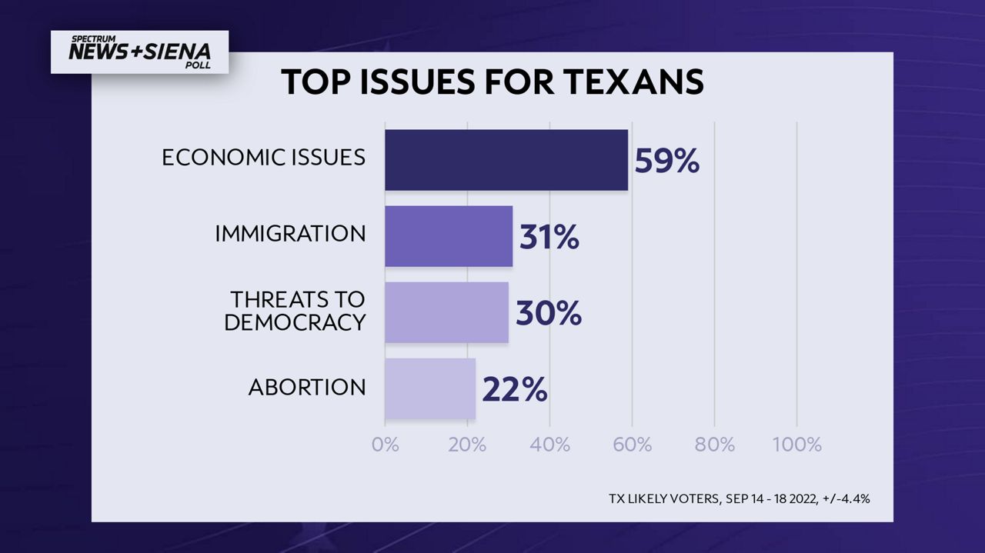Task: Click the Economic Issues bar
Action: click(x=506, y=159)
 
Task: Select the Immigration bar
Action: click(x=449, y=236)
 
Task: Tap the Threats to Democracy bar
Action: click(x=446, y=312)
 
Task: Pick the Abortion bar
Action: click(x=430, y=388)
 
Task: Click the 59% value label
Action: click(x=666, y=162)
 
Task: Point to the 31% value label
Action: click(x=549, y=238)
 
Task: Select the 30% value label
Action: click(x=548, y=314)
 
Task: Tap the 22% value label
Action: click(x=514, y=390)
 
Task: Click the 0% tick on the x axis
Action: click(x=385, y=445)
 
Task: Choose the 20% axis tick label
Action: click(x=467, y=445)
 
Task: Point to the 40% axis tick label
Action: click(x=549, y=445)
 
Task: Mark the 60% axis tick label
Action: click(x=632, y=445)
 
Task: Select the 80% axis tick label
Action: click(x=714, y=445)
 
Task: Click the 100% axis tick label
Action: click(x=796, y=445)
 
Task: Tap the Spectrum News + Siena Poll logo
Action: click(x=139, y=52)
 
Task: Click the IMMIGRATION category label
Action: click(x=290, y=234)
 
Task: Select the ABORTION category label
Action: click(x=306, y=388)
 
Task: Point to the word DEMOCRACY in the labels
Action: click(x=295, y=323)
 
